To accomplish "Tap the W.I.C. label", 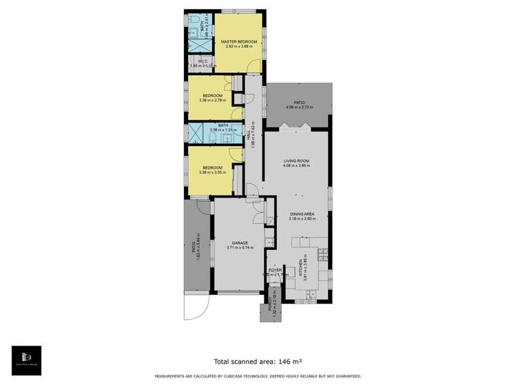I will click(x=202, y=61).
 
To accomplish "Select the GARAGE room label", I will click(x=239, y=243).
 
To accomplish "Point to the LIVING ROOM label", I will click(x=297, y=161).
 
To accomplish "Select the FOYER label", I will click(x=275, y=270).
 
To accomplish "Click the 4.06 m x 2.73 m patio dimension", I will click(x=299, y=107).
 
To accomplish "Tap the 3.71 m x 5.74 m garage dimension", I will click(x=239, y=248).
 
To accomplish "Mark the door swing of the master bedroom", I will click(x=255, y=66).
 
